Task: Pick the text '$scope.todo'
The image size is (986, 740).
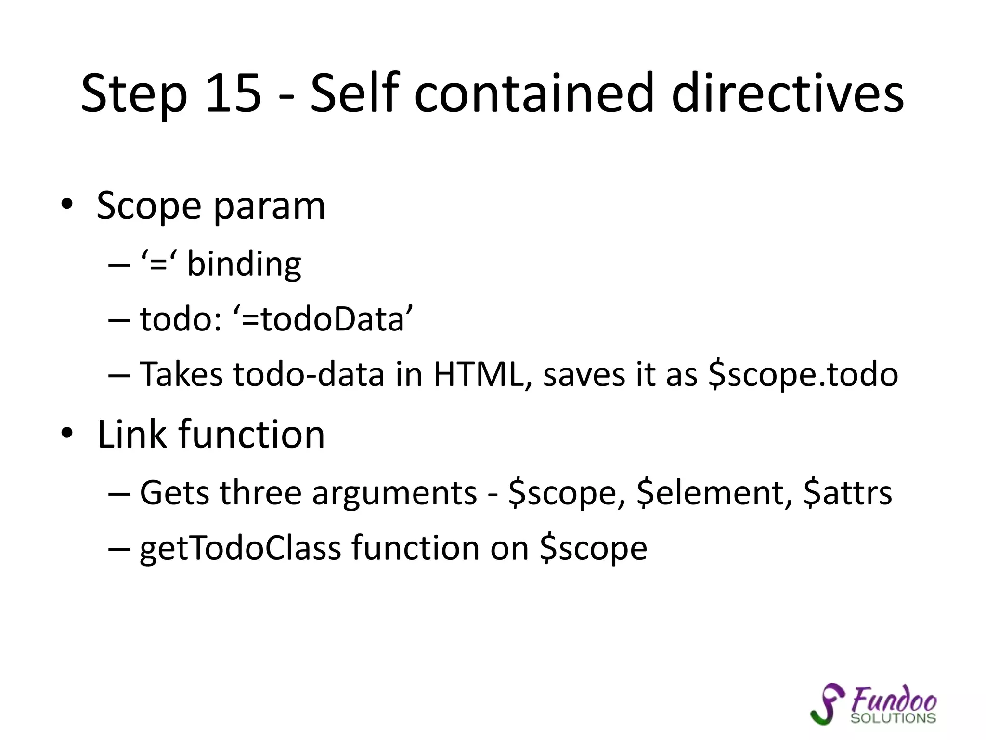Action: click(x=803, y=374)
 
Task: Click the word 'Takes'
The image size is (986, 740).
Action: click(x=181, y=374)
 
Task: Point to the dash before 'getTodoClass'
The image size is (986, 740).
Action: click(x=119, y=549)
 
